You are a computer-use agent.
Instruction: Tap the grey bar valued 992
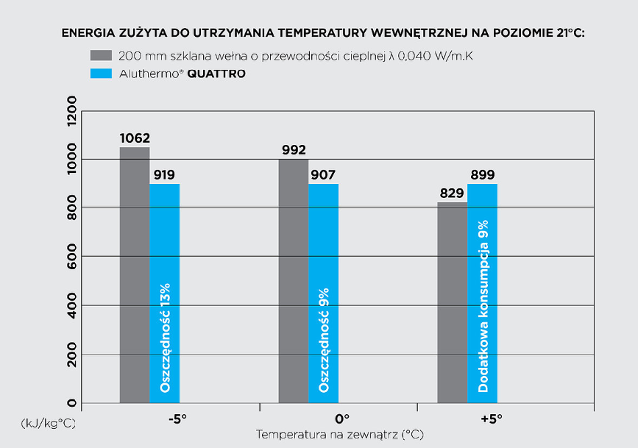[x=293, y=280]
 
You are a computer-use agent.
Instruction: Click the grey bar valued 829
[x=452, y=302]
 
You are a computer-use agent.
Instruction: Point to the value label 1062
[x=135, y=138]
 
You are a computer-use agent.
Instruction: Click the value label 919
[x=164, y=175]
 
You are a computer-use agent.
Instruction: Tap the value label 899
[x=483, y=175]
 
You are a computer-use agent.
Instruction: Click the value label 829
[x=452, y=193]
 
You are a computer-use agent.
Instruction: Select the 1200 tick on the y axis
[x=72, y=111]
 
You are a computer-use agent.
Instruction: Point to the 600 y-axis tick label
[x=72, y=256]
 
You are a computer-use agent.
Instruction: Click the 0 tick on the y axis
[x=72, y=402]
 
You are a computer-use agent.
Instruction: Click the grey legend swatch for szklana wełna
[x=101, y=56]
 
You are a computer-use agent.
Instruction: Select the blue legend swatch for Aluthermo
[x=101, y=74]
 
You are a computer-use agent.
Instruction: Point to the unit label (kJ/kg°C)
[x=47, y=424]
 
